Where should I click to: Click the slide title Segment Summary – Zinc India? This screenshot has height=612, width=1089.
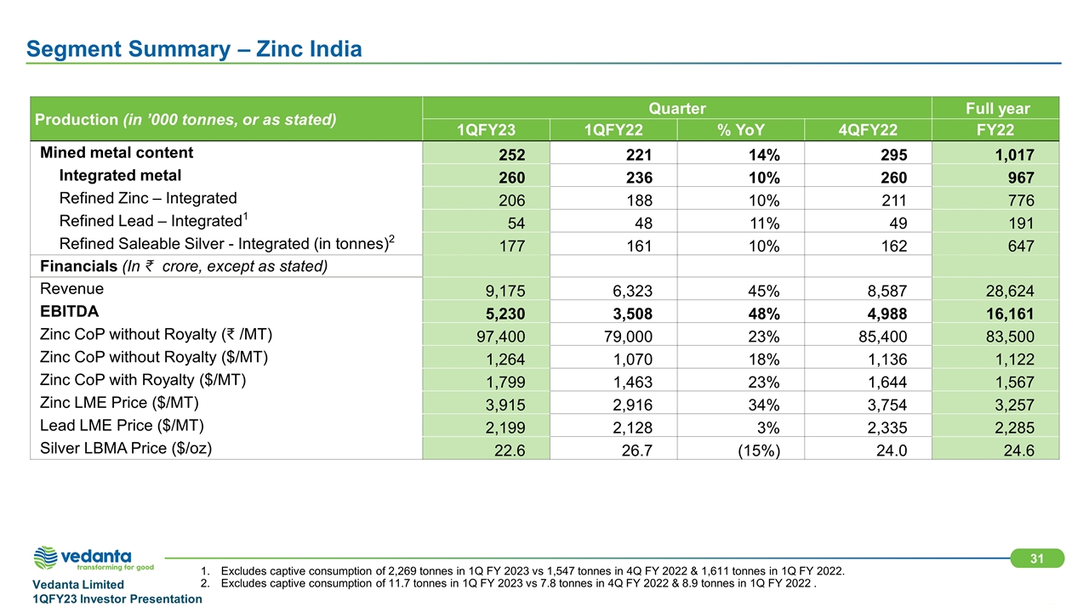194,49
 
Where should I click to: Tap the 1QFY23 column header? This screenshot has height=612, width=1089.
486,130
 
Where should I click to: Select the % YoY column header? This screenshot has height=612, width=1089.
739,130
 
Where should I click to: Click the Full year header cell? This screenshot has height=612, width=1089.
995,108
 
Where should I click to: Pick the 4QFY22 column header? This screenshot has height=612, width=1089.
867,130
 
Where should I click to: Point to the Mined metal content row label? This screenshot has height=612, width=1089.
117,153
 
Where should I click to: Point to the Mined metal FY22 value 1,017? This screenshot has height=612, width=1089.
1012,154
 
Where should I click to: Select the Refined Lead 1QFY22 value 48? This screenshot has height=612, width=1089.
642,223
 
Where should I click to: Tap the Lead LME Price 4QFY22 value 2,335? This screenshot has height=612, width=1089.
885,428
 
